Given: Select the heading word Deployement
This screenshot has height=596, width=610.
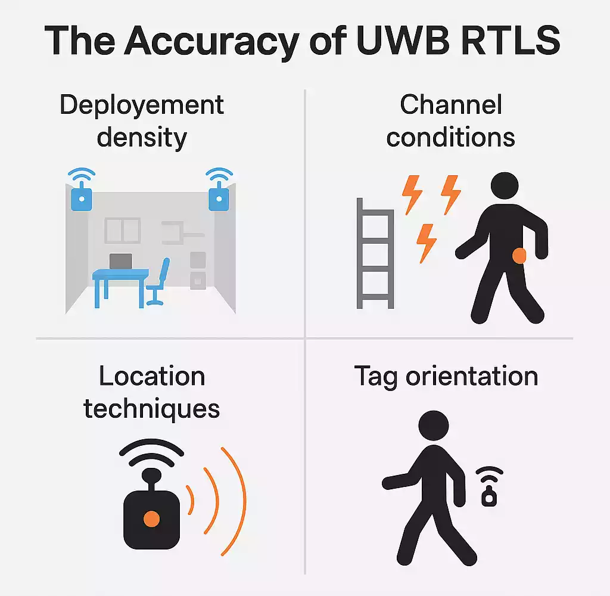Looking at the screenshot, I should pos(142,105).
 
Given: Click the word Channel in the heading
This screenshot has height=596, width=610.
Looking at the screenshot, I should pos(451,105).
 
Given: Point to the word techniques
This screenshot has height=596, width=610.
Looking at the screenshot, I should pos(151,409).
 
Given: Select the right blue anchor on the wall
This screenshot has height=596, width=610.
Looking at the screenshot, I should pos(219,194).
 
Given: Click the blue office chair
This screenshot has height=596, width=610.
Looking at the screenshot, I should pos(158,282).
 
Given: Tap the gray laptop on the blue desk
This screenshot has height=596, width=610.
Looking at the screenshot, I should pos(120,261).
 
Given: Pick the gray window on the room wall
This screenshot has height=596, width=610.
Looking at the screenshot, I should pos(122,230).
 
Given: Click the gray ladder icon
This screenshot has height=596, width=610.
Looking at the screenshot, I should pos(375,253).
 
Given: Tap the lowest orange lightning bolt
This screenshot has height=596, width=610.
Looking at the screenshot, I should pos(427,242).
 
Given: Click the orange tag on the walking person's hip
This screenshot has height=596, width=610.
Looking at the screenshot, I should pos(519,256).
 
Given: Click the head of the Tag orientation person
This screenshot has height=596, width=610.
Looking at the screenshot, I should pos(433,427).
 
